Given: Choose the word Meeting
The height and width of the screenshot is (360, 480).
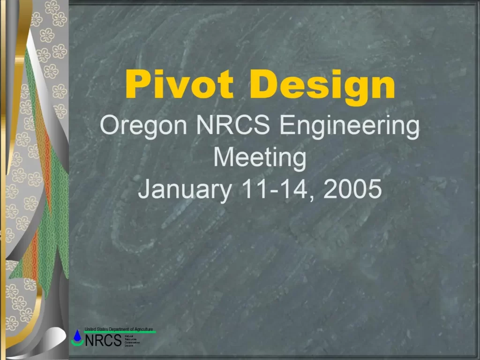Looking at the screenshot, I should [x=260, y=158].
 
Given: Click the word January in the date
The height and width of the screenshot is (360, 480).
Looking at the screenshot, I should [x=185, y=189].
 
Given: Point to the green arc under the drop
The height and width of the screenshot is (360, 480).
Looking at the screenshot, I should [x=77, y=343].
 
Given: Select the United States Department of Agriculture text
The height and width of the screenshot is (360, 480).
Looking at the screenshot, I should [x=119, y=329].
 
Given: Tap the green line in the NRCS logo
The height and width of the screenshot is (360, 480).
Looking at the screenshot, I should [x=120, y=332].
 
